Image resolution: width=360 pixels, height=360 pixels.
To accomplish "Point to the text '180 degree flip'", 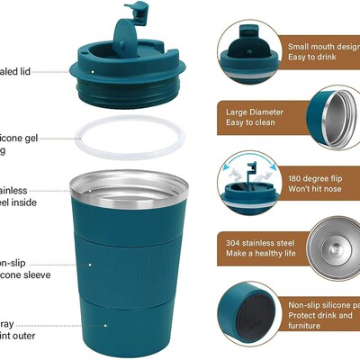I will click(316, 177).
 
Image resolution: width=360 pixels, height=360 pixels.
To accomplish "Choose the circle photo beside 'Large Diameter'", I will click(337, 116).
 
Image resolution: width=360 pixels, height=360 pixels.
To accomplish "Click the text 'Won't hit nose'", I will click(317, 191).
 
